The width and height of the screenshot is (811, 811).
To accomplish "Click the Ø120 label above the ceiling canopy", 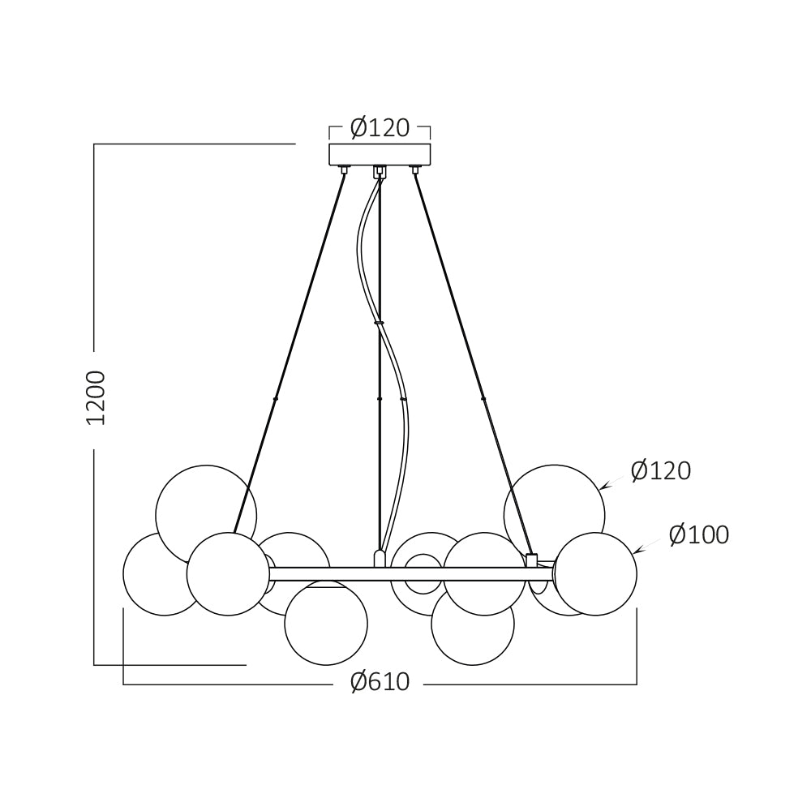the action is [x=380, y=128].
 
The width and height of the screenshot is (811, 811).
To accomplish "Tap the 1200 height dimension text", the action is [x=96, y=397].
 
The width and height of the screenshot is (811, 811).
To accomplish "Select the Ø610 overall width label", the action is [x=380, y=682].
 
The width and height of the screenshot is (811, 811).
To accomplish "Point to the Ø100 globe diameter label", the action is [x=699, y=534].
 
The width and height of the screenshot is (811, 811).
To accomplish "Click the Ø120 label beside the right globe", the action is [x=661, y=470].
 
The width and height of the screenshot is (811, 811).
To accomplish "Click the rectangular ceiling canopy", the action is [x=380, y=155].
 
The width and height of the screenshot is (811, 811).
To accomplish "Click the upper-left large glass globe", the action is [x=206, y=514].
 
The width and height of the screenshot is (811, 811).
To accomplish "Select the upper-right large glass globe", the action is [x=554, y=514].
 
